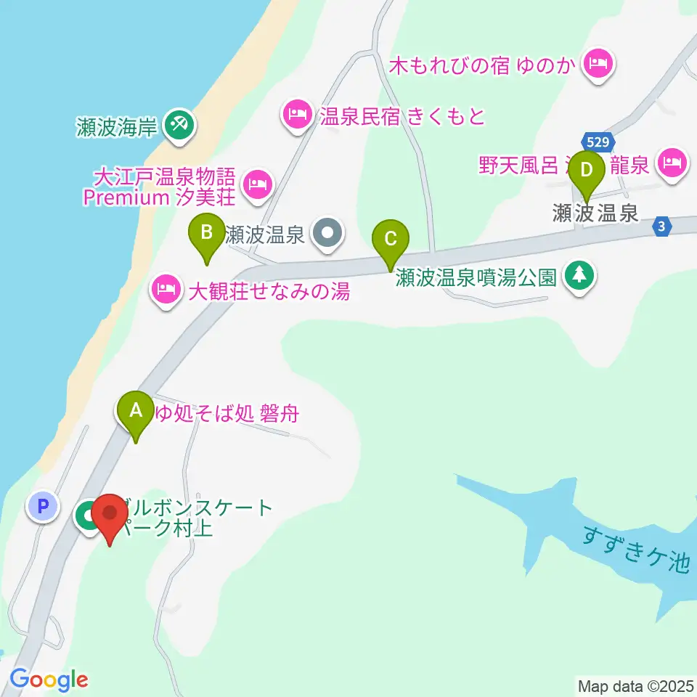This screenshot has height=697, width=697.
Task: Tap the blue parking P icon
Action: [x=42, y=505]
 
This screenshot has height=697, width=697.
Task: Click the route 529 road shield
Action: [x=598, y=142]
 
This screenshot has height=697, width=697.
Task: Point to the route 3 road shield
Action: [x=661, y=227]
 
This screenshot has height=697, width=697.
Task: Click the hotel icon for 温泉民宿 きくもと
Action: [x=296, y=115]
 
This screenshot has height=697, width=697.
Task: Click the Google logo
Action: [x=49, y=680]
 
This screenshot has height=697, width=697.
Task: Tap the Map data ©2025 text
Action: [x=636, y=685]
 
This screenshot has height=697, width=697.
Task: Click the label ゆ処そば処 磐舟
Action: [x=227, y=415]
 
